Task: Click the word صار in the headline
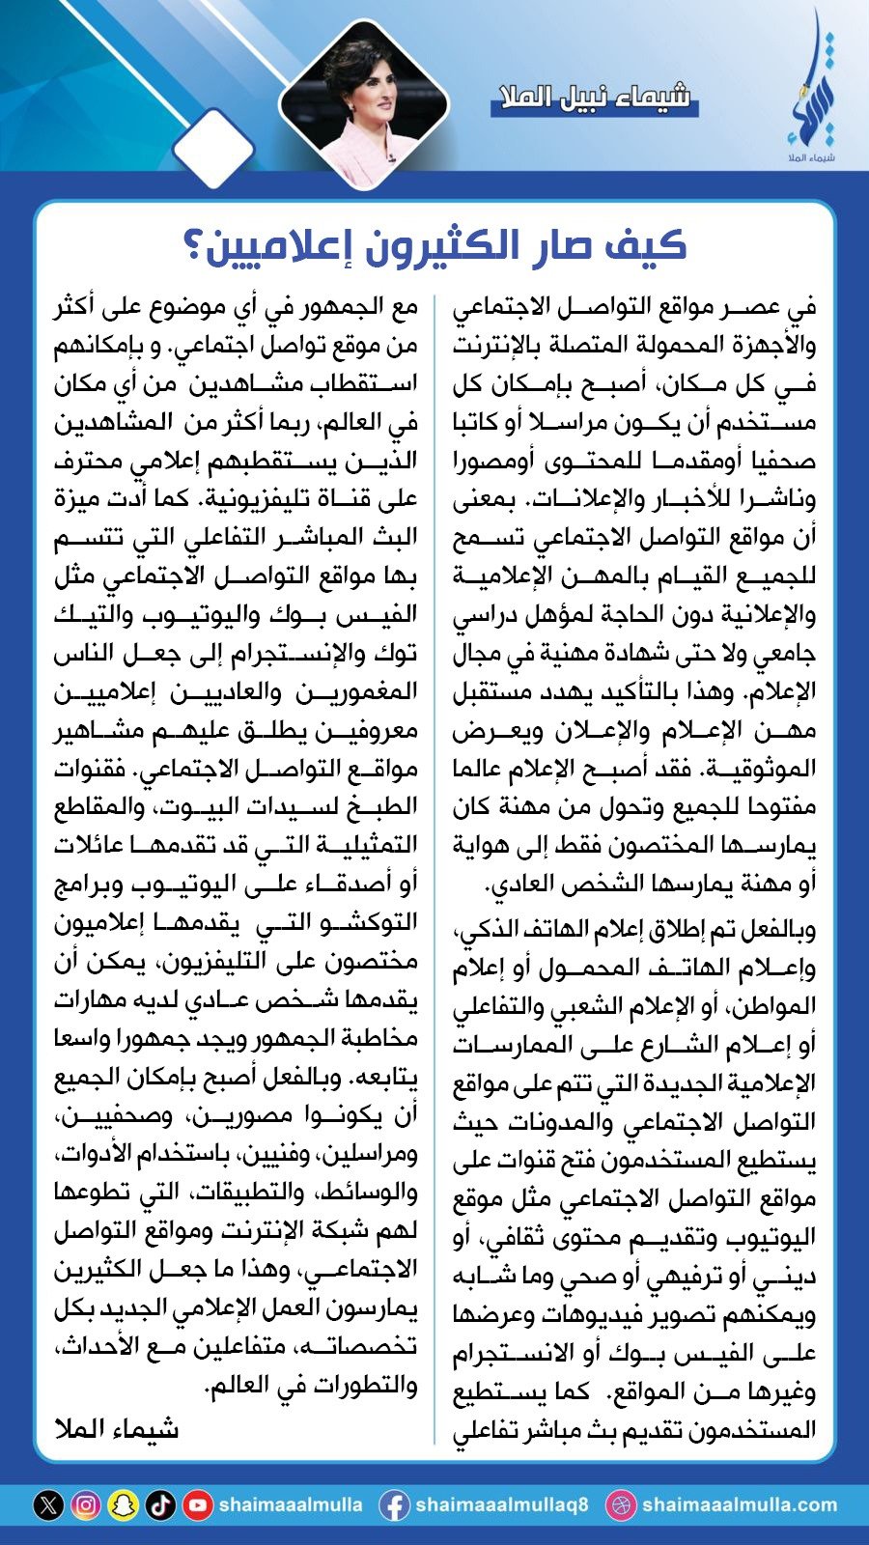pos(562,246)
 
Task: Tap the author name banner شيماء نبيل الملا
pos(594,97)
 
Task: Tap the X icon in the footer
pos(48,1504)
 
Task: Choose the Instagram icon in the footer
pos(85,1504)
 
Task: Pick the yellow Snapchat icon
pos(123,1504)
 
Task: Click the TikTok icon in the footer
pos(160,1504)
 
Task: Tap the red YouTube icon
pos(198,1504)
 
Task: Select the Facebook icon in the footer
pos(393,1504)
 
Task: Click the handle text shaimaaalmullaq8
pos(501,1504)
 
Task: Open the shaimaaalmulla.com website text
pos(739,1504)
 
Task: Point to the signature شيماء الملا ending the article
pos(117,1428)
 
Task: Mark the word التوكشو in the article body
pos(371,922)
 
